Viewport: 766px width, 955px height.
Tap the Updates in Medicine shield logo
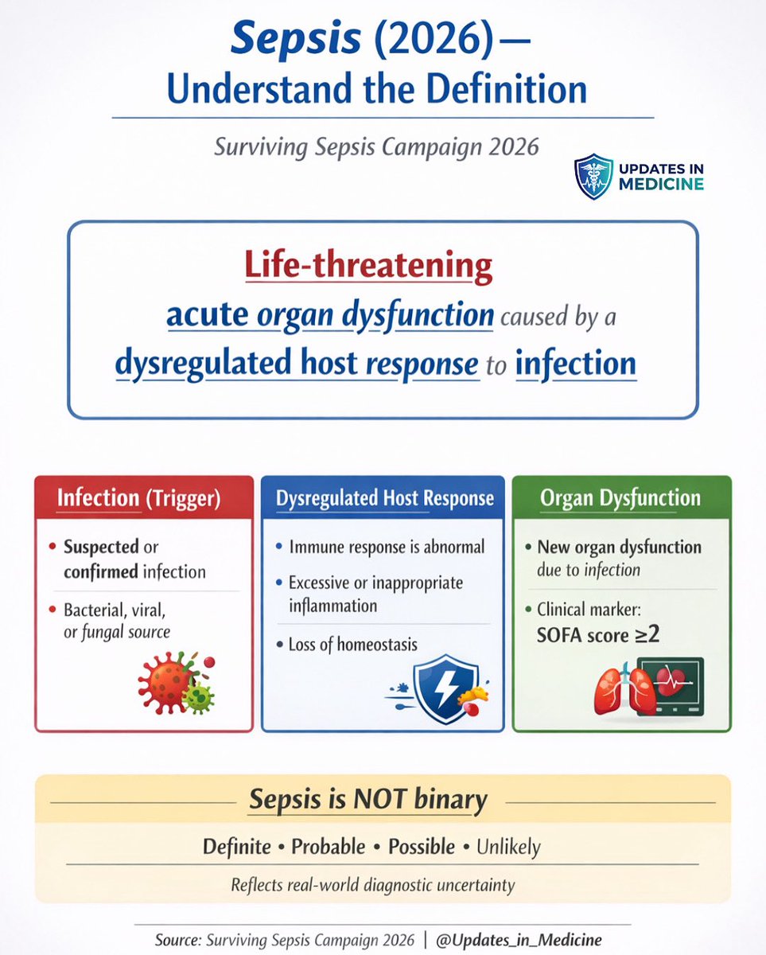tap(593, 176)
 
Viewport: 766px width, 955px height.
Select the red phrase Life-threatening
tap(368, 267)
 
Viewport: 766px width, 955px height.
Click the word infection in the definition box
tap(576, 364)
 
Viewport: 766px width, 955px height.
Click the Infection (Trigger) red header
tap(144, 499)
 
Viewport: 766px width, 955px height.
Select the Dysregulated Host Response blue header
tap(383, 499)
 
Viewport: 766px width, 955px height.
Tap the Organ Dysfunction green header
tap(620, 499)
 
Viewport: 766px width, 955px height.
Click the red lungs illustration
tap(625, 689)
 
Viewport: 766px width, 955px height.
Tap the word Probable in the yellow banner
tap(329, 847)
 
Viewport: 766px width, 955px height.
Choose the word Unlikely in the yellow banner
tap(508, 847)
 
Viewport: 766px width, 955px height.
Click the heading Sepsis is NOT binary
tap(367, 800)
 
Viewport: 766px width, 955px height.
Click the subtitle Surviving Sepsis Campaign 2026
tap(376, 147)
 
